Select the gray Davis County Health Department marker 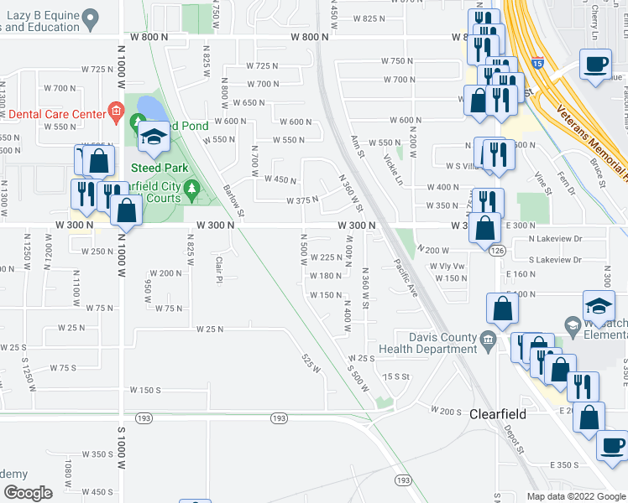click(x=489, y=340)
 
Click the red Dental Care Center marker click(x=116, y=112)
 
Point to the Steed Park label click(x=158, y=168)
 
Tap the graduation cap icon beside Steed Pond click(x=154, y=138)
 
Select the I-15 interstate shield click(x=536, y=62)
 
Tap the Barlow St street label click(x=233, y=201)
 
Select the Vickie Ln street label click(x=393, y=169)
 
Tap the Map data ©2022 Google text click(x=576, y=495)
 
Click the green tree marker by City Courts click(x=192, y=190)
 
